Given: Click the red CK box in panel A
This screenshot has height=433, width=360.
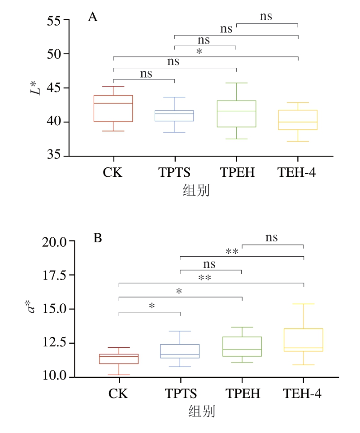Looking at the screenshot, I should point(113,109).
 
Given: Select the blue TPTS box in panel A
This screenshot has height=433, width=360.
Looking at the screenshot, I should point(174,116).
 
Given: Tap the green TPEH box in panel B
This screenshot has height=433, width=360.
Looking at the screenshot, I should point(242,346).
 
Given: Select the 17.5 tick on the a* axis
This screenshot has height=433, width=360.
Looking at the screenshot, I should point(56,275).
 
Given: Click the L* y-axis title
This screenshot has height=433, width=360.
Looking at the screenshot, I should point(36,85).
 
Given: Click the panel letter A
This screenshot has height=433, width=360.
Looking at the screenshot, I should point(93,17).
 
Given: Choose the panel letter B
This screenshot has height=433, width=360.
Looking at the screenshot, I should point(98,238).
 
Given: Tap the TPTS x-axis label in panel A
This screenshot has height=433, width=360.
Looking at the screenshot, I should point(174,173).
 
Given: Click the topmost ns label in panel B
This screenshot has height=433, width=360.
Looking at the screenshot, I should point(272,237).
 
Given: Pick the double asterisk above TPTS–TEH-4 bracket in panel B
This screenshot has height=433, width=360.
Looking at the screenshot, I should point(232,252).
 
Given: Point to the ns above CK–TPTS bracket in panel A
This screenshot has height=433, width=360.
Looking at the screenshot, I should point(146,74).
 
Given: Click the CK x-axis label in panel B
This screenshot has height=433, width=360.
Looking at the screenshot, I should point(118,394).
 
